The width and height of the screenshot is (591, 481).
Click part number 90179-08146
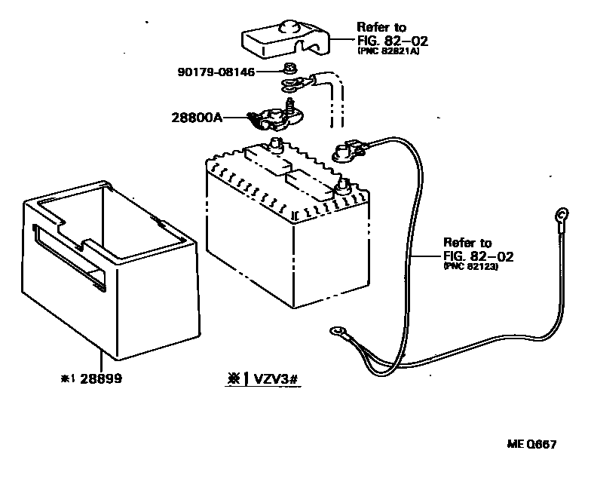(x=216, y=72)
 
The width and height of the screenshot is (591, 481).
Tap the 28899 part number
(x=102, y=378)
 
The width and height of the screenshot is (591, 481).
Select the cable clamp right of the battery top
(x=348, y=151)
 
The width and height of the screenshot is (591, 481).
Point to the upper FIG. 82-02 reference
(x=389, y=40)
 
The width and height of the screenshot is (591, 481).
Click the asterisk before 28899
(x=67, y=378)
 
